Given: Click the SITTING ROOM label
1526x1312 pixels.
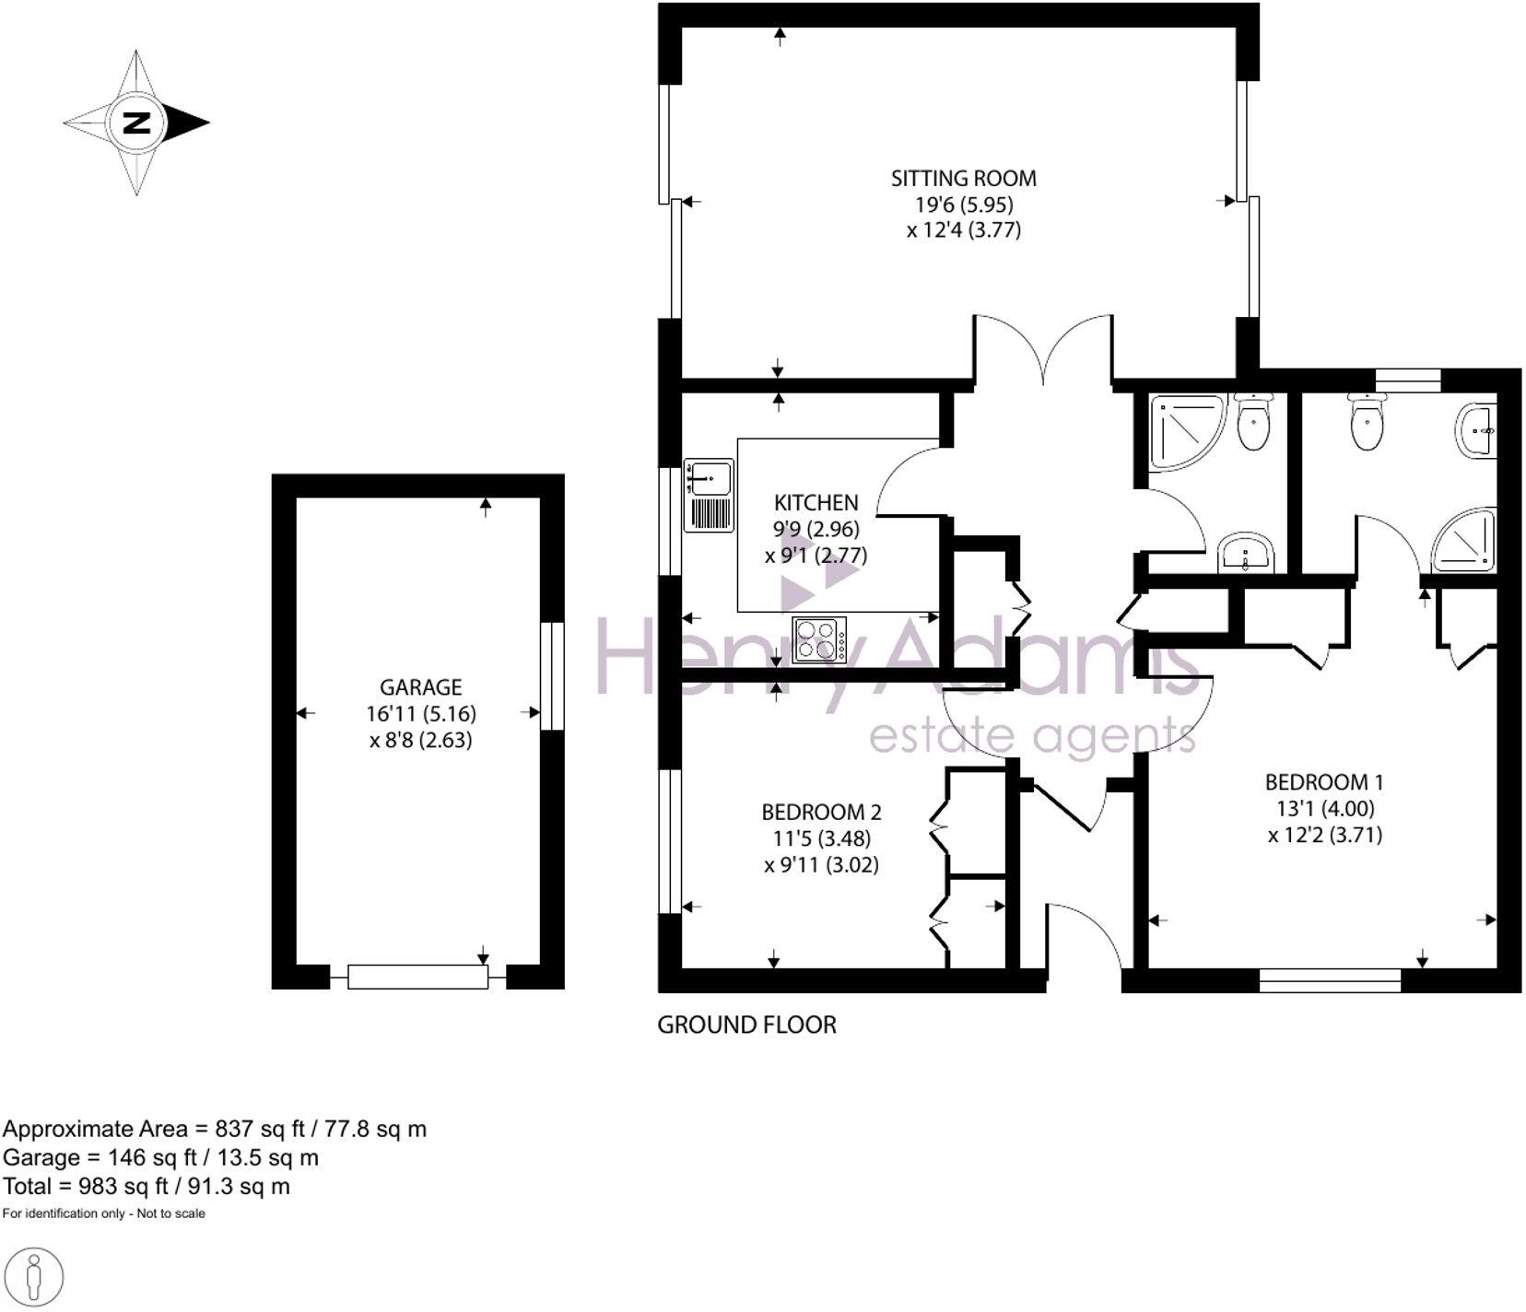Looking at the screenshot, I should point(963,178).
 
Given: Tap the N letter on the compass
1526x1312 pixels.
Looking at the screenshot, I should point(136,123).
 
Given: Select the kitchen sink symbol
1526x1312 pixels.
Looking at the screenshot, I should point(708,496).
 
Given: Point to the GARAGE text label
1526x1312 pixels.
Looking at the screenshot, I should point(420,687).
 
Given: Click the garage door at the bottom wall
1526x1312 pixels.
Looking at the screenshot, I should point(417,977).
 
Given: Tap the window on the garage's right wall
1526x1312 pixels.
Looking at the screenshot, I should point(551,676).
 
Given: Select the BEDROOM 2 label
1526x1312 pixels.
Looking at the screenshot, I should point(821,812).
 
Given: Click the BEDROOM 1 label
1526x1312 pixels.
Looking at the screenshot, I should point(1323,782).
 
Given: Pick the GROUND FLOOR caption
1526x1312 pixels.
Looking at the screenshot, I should point(746,1025).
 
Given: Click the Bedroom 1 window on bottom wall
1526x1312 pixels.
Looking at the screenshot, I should point(1329,979).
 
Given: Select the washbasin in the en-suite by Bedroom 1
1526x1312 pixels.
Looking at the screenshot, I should point(1476,429).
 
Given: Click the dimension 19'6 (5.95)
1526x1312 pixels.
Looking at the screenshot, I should point(964,205).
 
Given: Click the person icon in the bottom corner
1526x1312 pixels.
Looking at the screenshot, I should point(33,1278).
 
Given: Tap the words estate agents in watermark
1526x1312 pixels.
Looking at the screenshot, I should point(1032,736).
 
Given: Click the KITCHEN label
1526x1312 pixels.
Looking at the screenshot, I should point(816,502).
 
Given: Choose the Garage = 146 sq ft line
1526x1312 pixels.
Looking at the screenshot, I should point(160,1157).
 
